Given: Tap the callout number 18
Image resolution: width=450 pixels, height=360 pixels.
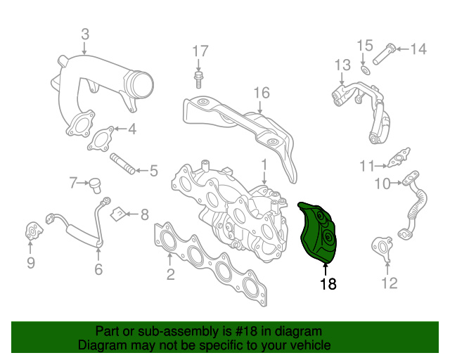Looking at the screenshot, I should pyautogui.click(x=328, y=284).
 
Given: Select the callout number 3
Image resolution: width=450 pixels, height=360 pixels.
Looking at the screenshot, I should pyautogui.click(x=84, y=33).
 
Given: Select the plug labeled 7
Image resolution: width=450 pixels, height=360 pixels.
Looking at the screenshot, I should pyautogui.click(x=92, y=184).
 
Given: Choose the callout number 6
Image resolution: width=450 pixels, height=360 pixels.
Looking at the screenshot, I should pyautogui.click(x=98, y=268).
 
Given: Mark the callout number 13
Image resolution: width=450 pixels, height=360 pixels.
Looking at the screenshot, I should pyautogui.click(x=342, y=65).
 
